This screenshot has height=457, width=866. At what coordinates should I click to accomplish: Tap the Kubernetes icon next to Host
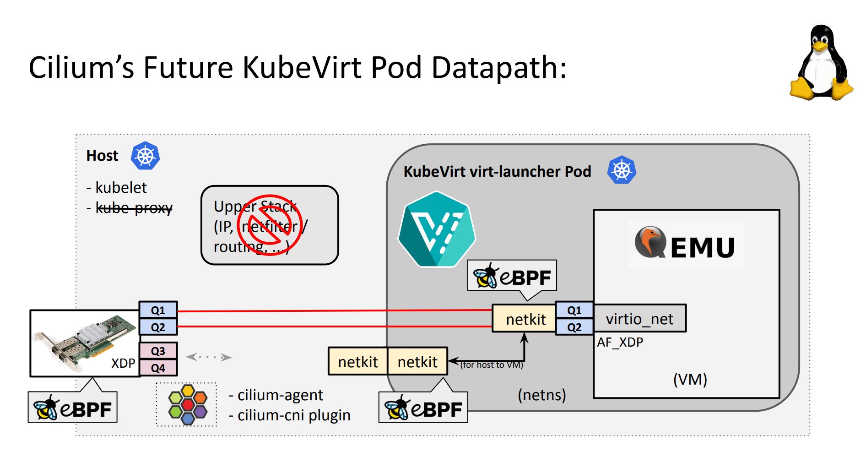(x=145, y=156)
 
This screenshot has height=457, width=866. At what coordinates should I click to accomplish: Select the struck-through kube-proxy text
(x=134, y=208)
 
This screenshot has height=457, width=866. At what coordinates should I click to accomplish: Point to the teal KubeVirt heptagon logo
(x=437, y=229)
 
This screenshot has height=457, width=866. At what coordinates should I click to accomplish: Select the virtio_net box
(x=639, y=319)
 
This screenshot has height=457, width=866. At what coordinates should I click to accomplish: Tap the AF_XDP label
(x=620, y=342)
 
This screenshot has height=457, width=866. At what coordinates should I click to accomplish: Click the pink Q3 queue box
(x=158, y=351)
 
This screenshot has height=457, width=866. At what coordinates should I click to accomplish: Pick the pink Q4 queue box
(x=158, y=368)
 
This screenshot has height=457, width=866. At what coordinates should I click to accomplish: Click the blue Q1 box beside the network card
(x=158, y=310)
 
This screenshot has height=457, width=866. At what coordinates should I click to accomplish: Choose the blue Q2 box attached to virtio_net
(x=574, y=327)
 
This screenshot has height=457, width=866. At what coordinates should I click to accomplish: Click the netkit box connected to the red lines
(x=525, y=319)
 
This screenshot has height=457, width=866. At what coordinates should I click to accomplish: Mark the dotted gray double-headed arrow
(x=209, y=357)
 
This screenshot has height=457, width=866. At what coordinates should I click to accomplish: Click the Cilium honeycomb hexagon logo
(x=187, y=404)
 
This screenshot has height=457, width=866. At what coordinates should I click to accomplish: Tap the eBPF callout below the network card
(x=73, y=408)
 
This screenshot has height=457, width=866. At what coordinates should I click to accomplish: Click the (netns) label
(x=541, y=395)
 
